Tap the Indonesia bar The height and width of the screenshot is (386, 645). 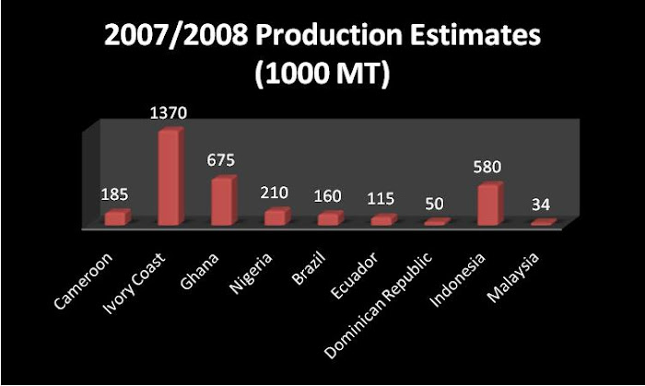click(489, 205)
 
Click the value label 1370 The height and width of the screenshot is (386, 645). click(170, 113)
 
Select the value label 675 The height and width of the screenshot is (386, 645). click(221, 160)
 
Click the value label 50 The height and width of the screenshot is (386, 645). click(434, 203)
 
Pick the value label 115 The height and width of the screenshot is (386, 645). click(381, 199)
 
